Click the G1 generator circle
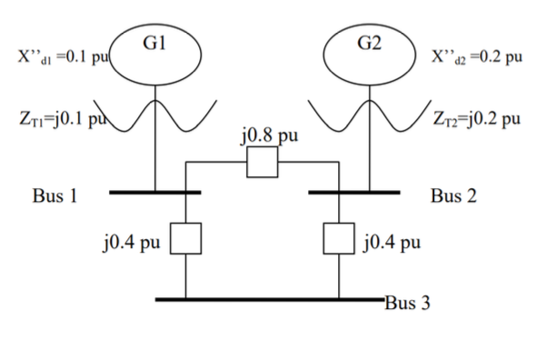pyautogui.click(x=154, y=51)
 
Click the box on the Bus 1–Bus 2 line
pyautogui.click(x=263, y=165)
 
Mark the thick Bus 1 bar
pyautogui.click(x=154, y=193)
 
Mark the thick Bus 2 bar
pyautogui.click(x=353, y=193)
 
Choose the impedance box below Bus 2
pyautogui.click(x=339, y=240)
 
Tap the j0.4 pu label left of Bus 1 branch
pyautogui.click(x=135, y=243)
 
